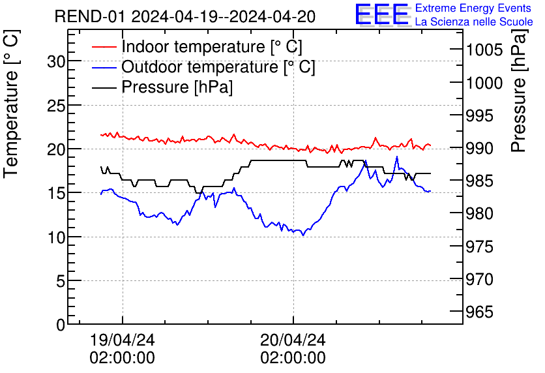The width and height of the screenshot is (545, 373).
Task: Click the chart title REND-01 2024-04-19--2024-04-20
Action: point(185,16)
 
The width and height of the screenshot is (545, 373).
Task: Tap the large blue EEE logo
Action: point(381,15)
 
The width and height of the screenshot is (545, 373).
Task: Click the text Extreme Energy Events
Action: point(473,8)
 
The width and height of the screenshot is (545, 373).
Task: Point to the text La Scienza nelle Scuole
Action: point(474,22)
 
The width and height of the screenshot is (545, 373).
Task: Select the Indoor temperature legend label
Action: point(212,47)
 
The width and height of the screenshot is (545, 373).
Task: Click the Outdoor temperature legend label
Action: point(218,67)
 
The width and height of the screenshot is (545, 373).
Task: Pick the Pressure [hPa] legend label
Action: point(177,87)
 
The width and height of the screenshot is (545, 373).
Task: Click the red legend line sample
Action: point(105,47)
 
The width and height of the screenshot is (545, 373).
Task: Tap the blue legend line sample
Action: point(105,67)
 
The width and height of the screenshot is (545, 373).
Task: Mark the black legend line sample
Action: point(105,87)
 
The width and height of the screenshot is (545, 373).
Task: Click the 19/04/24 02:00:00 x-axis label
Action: point(123,349)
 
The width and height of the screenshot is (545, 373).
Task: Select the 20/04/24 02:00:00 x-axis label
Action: point(293,349)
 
